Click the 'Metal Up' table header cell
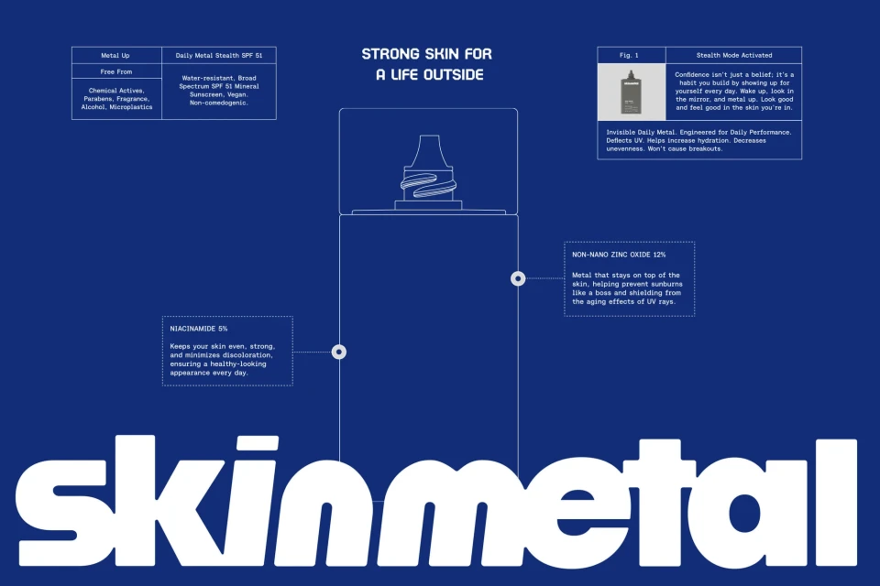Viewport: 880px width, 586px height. (116, 56)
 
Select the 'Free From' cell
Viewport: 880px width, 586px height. (116, 71)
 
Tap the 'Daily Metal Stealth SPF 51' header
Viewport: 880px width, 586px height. (218, 56)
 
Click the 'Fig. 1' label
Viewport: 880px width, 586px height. (631, 56)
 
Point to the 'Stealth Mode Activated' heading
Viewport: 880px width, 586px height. (733, 56)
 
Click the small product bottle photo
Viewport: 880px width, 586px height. (632, 92)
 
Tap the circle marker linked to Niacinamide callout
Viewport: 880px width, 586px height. (338, 352)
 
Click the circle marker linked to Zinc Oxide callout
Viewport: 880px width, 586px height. (518, 278)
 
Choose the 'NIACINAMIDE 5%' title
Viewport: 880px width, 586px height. (199, 328)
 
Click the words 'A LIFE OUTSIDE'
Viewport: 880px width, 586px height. (429, 75)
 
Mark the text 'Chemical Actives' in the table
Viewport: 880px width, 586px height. (116, 91)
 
